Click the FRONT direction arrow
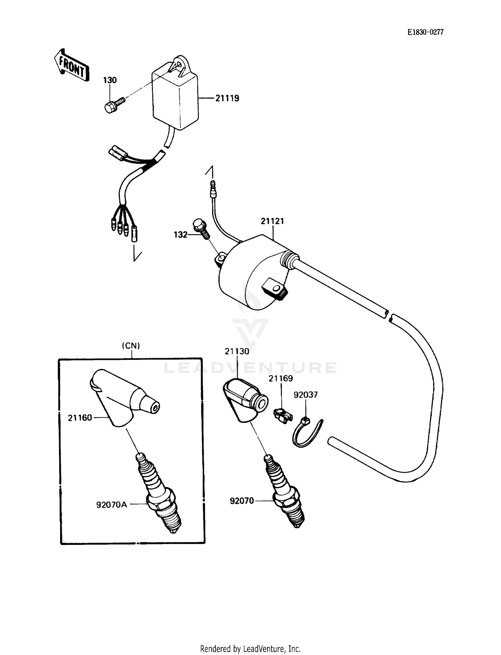(71, 65)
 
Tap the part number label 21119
(227, 98)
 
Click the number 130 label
(110, 80)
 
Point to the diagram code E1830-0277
(425, 32)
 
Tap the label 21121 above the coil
(272, 221)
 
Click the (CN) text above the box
(131, 346)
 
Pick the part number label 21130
(237, 351)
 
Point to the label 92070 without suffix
(242, 501)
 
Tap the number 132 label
(181, 235)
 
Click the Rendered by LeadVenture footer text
(250, 649)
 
